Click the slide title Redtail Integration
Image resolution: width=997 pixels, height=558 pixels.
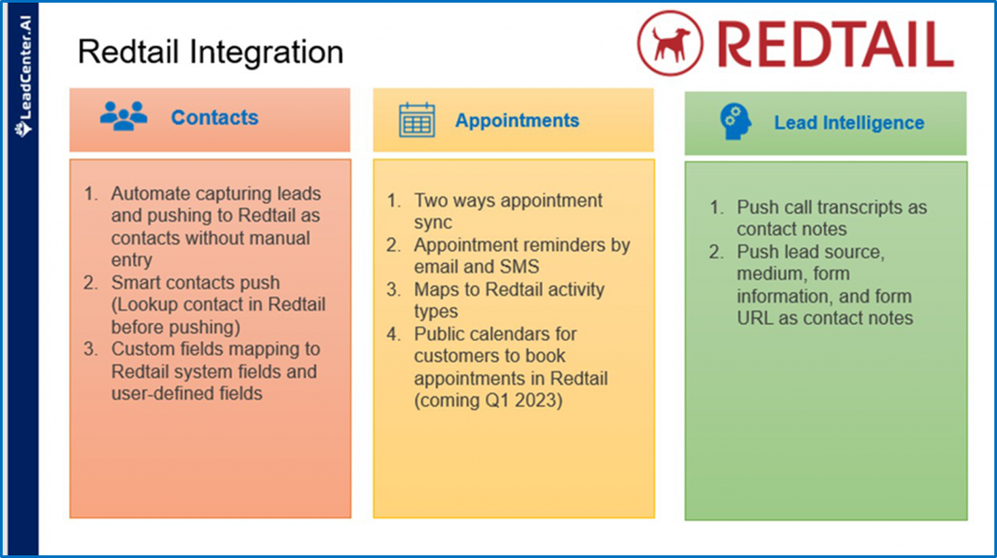[x=210, y=52]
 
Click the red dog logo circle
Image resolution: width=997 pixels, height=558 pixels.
[x=669, y=43]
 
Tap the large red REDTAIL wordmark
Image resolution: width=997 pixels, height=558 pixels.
[x=835, y=45]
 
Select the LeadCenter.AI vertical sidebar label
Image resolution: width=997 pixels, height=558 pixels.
[x=24, y=76]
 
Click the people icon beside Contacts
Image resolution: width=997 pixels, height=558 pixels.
[x=124, y=116]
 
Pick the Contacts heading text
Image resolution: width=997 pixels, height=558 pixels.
[x=214, y=118]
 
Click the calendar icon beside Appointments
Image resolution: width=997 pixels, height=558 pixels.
[x=417, y=120]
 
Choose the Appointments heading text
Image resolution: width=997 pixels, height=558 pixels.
[x=517, y=120]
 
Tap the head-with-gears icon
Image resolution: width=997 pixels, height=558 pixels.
[x=735, y=122]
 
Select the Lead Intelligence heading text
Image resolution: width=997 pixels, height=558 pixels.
[x=848, y=123]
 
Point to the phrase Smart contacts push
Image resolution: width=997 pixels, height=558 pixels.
[x=195, y=282]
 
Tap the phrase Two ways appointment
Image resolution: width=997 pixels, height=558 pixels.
[x=508, y=201]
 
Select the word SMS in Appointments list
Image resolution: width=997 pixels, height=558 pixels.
[x=519, y=267]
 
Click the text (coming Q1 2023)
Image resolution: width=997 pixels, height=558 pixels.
[x=488, y=400]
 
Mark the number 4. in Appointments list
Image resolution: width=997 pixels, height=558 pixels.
[x=394, y=334]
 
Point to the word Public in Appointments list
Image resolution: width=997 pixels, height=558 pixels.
[x=440, y=334]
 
